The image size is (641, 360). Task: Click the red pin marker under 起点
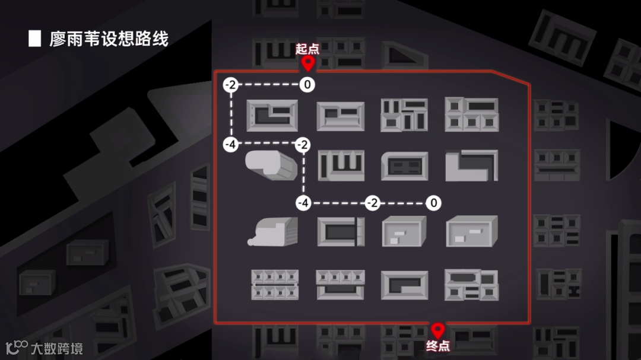pyautogui.click(x=307, y=63)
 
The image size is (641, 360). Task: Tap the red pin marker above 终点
pyautogui.click(x=438, y=330)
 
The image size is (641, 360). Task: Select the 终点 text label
pyautogui.click(x=438, y=346)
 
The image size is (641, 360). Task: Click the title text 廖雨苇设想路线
pyautogui.click(x=109, y=39)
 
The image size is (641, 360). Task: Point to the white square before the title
pyautogui.click(x=34, y=39)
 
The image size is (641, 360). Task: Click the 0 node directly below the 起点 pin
pyautogui.click(x=307, y=85)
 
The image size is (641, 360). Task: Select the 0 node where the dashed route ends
pyautogui.click(x=434, y=203)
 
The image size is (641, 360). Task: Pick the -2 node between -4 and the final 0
pyautogui.click(x=372, y=203)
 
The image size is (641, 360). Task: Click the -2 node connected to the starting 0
pyautogui.click(x=230, y=85)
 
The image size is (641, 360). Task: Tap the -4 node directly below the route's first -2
pyautogui.click(x=230, y=144)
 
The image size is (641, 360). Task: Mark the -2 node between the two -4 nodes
pyautogui.click(x=303, y=144)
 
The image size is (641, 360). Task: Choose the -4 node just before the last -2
pyautogui.click(x=303, y=203)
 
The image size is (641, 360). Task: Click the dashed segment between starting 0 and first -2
pyautogui.click(x=268, y=85)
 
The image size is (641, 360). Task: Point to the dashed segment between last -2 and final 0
pyautogui.click(x=403, y=203)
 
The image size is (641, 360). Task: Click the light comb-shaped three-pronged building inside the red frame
pyautogui.click(x=341, y=164)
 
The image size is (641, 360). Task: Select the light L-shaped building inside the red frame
pyautogui.click(x=471, y=165)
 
